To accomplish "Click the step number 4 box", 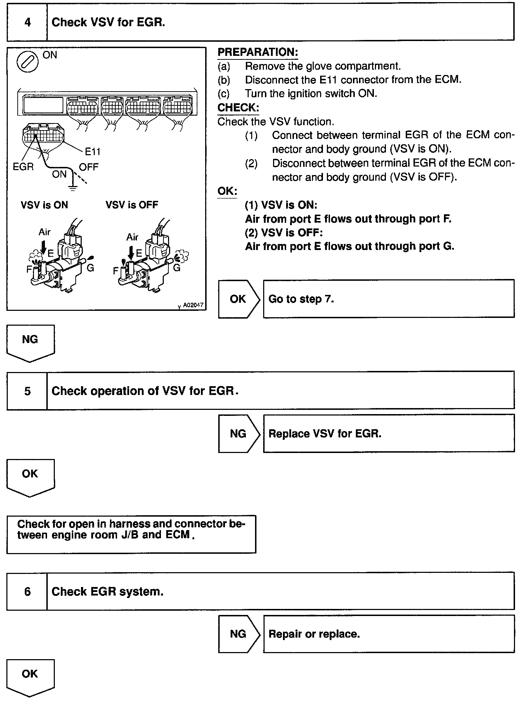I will point(27,22).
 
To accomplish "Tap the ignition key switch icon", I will point(27,62).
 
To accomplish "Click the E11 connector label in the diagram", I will point(93,152).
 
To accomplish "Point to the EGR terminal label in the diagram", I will point(23,166).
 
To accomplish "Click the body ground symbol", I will point(73,187).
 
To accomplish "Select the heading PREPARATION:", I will point(258,52).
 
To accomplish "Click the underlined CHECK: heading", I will point(238,108).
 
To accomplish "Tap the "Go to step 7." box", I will point(388,299).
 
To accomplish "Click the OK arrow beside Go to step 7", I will point(238,299).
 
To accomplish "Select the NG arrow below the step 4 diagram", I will point(30,342).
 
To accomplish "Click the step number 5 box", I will point(27,391).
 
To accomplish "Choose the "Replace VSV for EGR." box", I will point(388,434).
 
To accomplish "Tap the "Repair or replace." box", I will point(388,634).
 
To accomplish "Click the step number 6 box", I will point(27,592).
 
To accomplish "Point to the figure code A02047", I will point(193,305).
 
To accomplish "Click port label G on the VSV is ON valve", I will point(91,268).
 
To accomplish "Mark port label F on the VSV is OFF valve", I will point(116,271).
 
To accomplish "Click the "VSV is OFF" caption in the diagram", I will point(132,205).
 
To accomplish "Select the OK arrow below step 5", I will point(30,476).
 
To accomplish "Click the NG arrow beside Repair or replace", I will point(238,634).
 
